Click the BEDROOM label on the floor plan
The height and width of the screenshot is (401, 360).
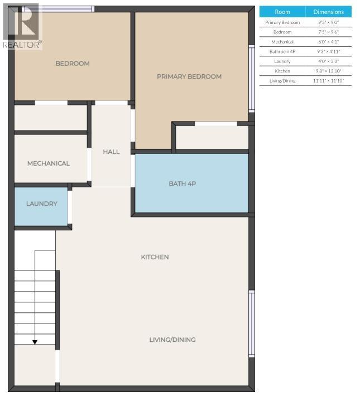point(73,64)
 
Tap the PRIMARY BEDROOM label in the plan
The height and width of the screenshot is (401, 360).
point(189,76)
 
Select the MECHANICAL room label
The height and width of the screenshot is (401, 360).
point(49,163)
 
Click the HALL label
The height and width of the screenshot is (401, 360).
point(111,152)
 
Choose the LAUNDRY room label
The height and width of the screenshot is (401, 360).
point(41,204)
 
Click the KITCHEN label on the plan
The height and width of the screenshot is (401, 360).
point(155,257)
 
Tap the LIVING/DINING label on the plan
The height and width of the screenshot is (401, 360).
point(172,340)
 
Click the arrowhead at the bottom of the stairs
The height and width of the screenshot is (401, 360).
point(35,341)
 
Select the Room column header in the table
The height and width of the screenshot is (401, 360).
point(282,12)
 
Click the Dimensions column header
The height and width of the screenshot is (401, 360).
point(328,12)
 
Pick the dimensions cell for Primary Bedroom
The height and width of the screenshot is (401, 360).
point(328,22)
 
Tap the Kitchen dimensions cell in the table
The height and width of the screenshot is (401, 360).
point(328,71)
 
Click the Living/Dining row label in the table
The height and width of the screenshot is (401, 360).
point(282,81)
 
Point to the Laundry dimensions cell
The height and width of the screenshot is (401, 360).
point(328,61)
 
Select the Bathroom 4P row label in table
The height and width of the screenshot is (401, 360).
point(282,51)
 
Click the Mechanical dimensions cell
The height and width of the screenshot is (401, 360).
point(328,42)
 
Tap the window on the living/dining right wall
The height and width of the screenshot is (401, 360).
point(252,323)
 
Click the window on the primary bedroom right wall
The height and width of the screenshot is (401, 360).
point(252,78)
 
